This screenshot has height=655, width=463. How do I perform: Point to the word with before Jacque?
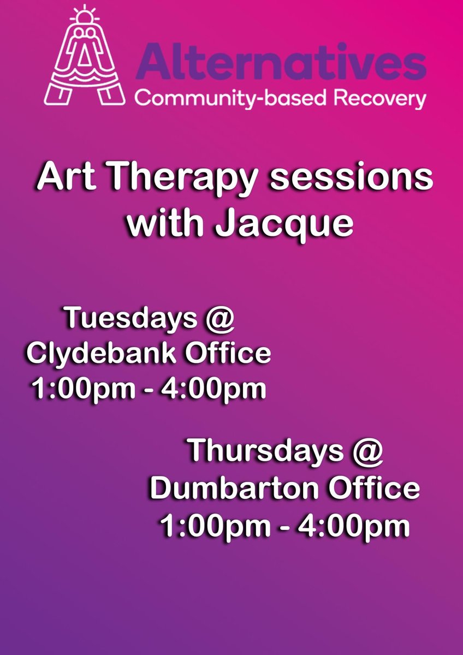click(x=168, y=225)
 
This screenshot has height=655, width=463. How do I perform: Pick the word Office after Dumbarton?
click(x=372, y=489)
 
